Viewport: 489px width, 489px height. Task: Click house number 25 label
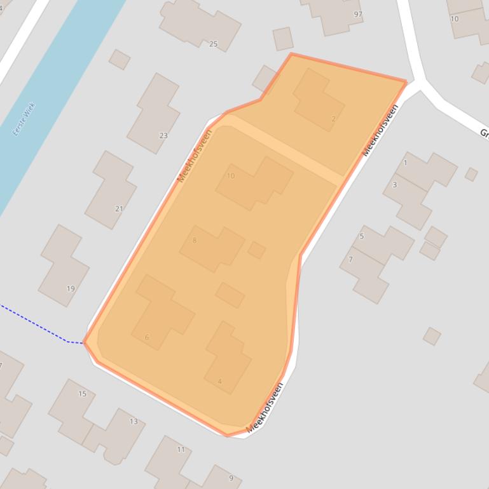point(213,44)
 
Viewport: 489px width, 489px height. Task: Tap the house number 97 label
point(358,14)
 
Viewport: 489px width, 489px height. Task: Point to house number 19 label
point(71,288)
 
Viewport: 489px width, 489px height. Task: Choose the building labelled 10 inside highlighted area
point(254,183)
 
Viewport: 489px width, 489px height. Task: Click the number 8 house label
point(195,240)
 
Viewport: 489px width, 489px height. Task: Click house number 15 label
point(82,394)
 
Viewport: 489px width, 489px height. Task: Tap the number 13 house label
point(134,421)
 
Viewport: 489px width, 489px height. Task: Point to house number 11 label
point(181,450)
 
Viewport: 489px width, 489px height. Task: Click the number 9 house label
point(231,478)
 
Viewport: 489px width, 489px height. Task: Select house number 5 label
point(362,236)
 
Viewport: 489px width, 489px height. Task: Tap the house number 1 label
point(405,163)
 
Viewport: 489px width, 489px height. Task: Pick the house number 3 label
point(395,185)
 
